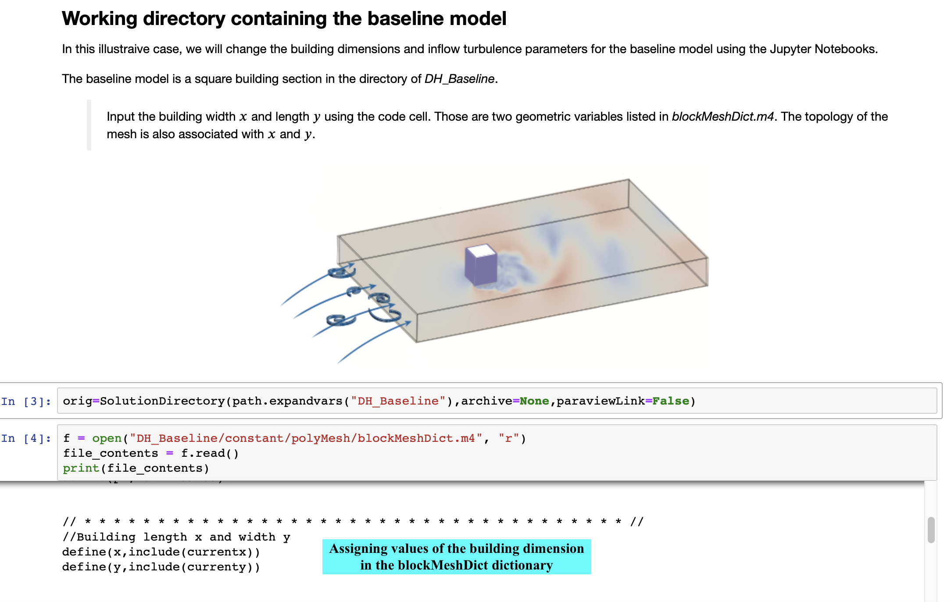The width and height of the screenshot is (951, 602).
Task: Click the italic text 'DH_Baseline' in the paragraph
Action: click(459, 79)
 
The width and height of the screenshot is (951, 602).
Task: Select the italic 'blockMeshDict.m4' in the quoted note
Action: click(722, 117)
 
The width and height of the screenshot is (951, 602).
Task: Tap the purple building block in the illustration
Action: click(479, 269)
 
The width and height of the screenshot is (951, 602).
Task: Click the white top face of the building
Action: click(481, 251)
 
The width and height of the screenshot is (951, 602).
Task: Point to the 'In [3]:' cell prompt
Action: click(26, 401)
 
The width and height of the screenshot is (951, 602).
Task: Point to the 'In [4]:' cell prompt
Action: click(26, 438)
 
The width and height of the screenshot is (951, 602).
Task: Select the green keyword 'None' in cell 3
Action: click(534, 401)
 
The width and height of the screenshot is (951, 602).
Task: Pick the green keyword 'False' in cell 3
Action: click(670, 401)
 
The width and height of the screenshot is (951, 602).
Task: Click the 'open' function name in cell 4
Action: click(107, 438)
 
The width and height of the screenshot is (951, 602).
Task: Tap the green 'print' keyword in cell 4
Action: click(81, 468)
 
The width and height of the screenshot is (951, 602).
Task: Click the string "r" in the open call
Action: click(508, 438)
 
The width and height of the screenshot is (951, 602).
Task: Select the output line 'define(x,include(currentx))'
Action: click(161, 552)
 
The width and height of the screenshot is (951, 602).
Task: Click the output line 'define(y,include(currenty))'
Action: click(161, 567)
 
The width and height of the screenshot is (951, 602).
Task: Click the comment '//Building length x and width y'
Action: click(176, 537)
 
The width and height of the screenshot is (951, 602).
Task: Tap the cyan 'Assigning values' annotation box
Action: click(456, 557)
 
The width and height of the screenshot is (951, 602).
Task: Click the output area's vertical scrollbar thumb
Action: click(931, 530)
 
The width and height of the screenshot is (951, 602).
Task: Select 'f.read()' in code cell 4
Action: click(210, 453)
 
